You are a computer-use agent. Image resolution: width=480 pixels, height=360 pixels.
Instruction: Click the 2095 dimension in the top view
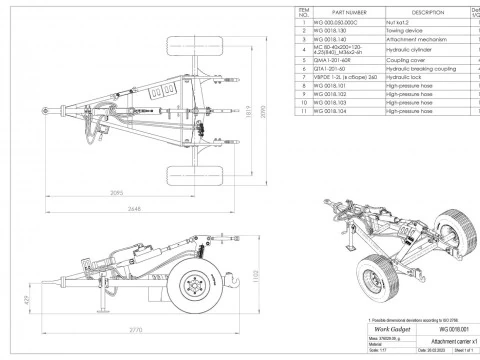(119, 191)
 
